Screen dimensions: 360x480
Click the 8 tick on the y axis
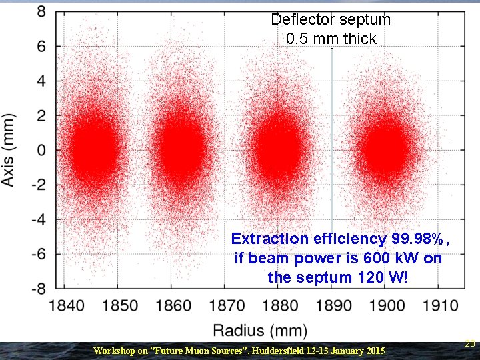tap(41, 12)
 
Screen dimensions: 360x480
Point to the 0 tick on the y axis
tap(41, 151)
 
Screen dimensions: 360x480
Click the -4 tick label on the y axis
tap(38, 219)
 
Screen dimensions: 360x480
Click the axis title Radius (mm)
tap(260, 331)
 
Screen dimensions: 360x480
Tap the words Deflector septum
tap(331, 19)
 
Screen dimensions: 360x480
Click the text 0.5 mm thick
tap(331, 39)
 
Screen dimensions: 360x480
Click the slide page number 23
tap(470, 344)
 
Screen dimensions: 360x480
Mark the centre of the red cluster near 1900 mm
tap(387, 148)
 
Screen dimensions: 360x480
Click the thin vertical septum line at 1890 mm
tap(331, 133)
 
